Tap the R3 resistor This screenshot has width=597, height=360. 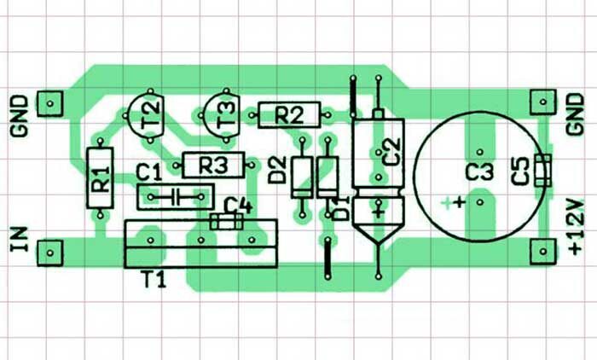click(214, 164)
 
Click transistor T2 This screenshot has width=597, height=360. click(147, 113)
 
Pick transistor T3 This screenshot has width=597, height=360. click(222, 113)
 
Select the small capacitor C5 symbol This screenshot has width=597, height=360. click(543, 171)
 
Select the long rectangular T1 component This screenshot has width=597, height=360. click(200, 243)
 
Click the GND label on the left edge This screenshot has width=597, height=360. click(18, 117)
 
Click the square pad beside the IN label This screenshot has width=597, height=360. click(52, 252)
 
